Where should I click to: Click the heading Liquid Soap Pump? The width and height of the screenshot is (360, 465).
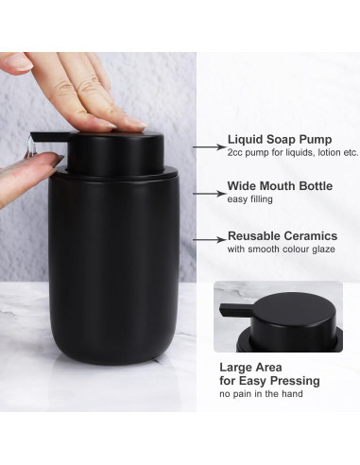tap(279, 139)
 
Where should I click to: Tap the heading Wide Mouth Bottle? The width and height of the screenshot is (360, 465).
tap(281, 187)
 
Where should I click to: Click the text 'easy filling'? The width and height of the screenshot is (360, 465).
tap(249, 200)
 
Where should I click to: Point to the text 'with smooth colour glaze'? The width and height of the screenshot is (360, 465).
tap(278, 250)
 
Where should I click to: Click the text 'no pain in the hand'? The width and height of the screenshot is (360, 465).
tap(261, 393)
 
